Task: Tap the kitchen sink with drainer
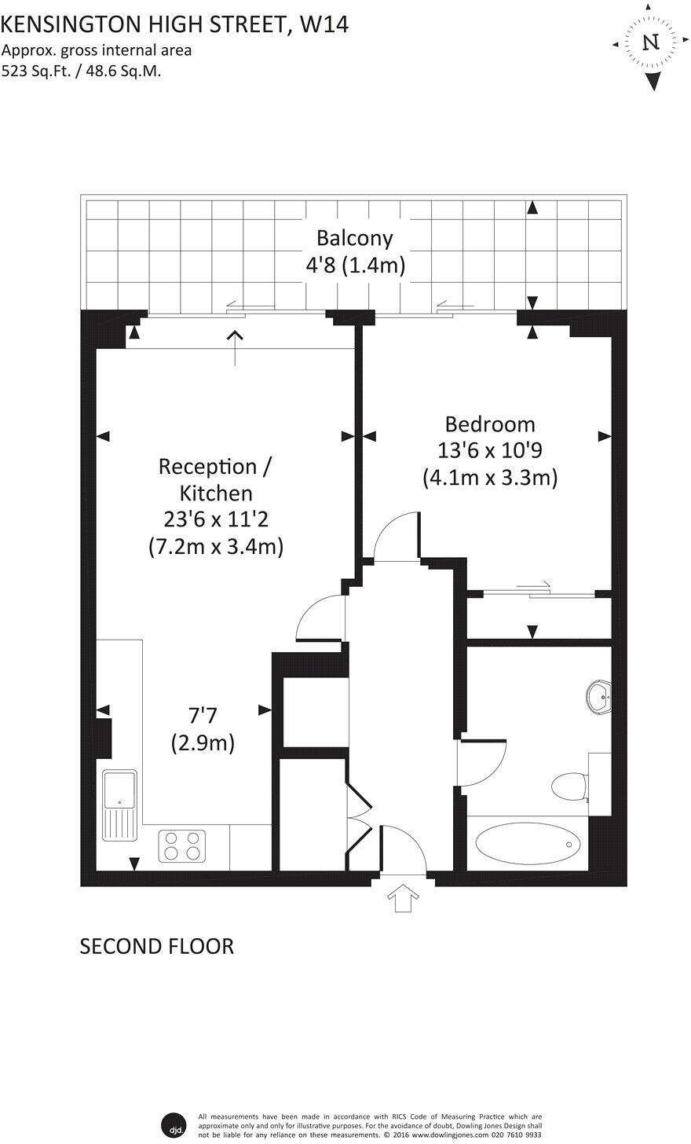click(x=119, y=805)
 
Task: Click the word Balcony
click(x=354, y=237)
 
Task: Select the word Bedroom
click(x=489, y=424)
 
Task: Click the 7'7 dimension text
click(x=202, y=715)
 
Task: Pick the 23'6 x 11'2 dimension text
click(x=215, y=519)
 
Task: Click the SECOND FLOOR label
click(x=157, y=946)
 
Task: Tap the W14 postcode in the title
click(x=324, y=24)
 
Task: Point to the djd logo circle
click(x=172, y=1124)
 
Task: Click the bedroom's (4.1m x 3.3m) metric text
click(x=489, y=477)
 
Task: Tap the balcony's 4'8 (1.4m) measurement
click(x=355, y=266)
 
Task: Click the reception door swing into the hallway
click(x=323, y=618)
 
